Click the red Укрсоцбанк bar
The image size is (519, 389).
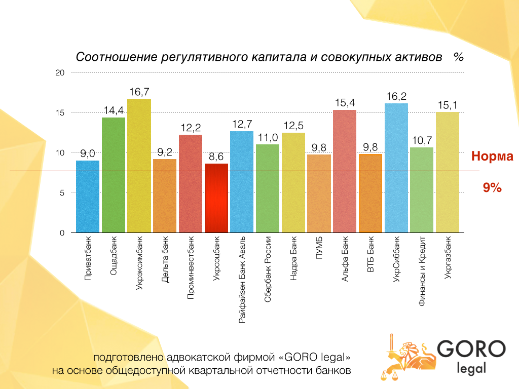click(216, 198)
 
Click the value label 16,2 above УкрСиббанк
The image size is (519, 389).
click(396, 96)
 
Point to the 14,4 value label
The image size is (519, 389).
click(114, 110)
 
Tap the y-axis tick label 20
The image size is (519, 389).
click(60, 73)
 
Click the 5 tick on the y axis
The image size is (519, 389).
click(62, 193)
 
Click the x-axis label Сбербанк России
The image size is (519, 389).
click(268, 269)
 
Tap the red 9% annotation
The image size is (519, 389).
click(492, 188)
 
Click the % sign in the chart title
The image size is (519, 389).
click(459, 57)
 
